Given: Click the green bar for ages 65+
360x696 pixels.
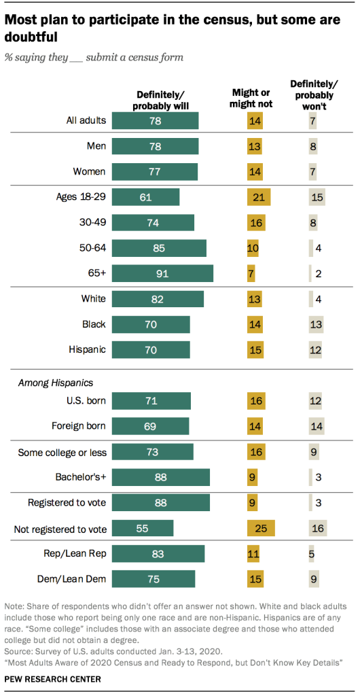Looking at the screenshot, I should point(162,273).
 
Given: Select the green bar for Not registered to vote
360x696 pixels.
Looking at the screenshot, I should point(143,528).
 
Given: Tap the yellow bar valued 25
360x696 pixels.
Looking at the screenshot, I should point(261,528).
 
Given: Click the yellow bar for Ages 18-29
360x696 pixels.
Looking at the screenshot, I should point(258,197).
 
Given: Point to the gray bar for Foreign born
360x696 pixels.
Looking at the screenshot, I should point(317,426).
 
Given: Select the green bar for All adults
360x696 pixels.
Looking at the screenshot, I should point(155,120).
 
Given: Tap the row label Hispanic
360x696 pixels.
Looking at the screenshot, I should point(88,350).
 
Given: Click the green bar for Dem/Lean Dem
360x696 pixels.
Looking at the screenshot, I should point(154,579).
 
